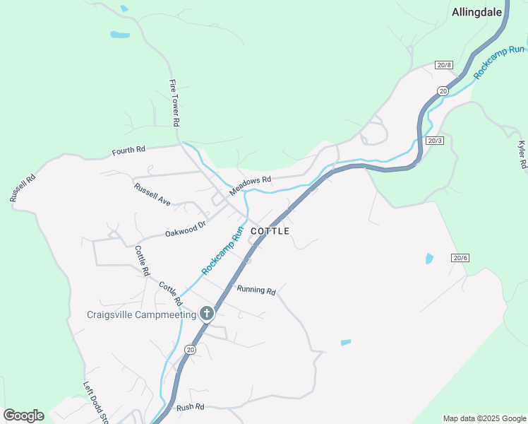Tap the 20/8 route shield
[x=443, y=65]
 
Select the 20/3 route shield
[x=435, y=141]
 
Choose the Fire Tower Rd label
[x=174, y=102]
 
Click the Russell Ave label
[x=152, y=194]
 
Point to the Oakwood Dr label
[x=185, y=229]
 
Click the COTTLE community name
[x=270, y=231]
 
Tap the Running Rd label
[x=256, y=290]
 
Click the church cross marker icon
[x=207, y=313]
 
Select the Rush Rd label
[x=190, y=407]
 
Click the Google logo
[x=23, y=416]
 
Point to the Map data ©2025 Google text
[x=484, y=418]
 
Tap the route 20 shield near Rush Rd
[x=190, y=350]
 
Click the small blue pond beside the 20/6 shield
[x=429, y=259]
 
